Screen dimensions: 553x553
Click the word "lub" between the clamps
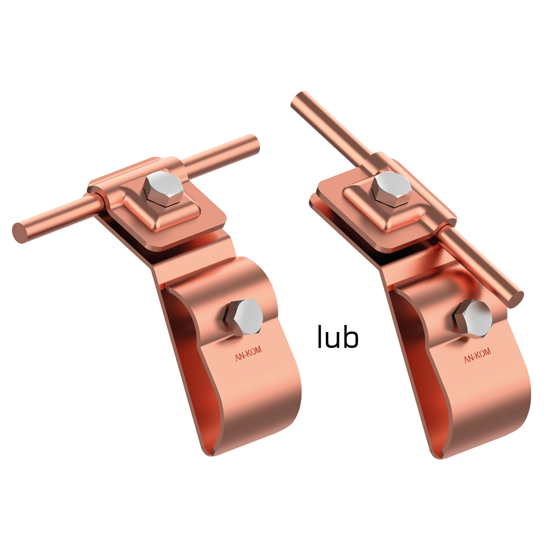(x=338, y=337)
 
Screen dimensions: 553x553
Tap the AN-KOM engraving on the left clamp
(x=248, y=354)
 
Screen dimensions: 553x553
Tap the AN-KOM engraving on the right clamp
(x=477, y=355)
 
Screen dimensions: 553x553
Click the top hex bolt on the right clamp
(x=392, y=189)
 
